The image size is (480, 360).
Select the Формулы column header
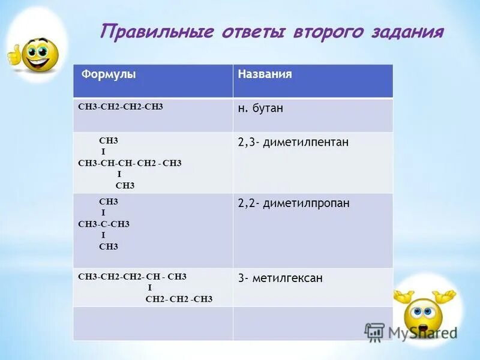click(x=109, y=74)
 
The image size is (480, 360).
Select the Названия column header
click(x=265, y=74)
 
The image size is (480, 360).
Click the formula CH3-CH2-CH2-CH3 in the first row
click(x=121, y=106)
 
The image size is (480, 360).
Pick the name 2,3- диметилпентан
click(x=293, y=142)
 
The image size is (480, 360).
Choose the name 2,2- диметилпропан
click(x=293, y=203)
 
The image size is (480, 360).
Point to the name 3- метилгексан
click(x=280, y=278)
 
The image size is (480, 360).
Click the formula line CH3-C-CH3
click(x=104, y=224)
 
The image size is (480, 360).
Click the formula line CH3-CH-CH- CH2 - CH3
click(x=130, y=163)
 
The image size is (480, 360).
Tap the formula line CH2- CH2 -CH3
click(x=179, y=298)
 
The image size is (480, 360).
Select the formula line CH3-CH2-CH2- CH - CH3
click(x=132, y=277)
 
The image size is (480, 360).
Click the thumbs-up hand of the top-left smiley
click(x=13, y=56)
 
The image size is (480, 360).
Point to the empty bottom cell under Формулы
click(x=152, y=324)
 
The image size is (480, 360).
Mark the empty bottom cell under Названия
click(x=312, y=324)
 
